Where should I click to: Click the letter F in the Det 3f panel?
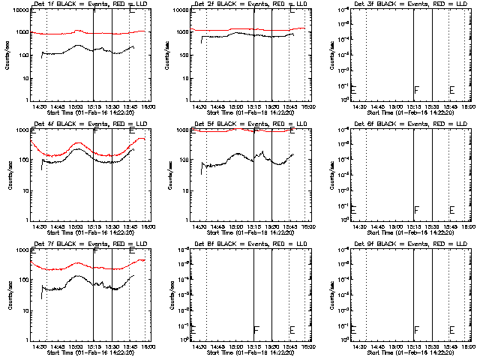point(416,91)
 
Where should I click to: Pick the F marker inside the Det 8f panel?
point(256,330)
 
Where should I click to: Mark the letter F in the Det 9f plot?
point(416,330)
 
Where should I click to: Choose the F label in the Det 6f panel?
point(416,211)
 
